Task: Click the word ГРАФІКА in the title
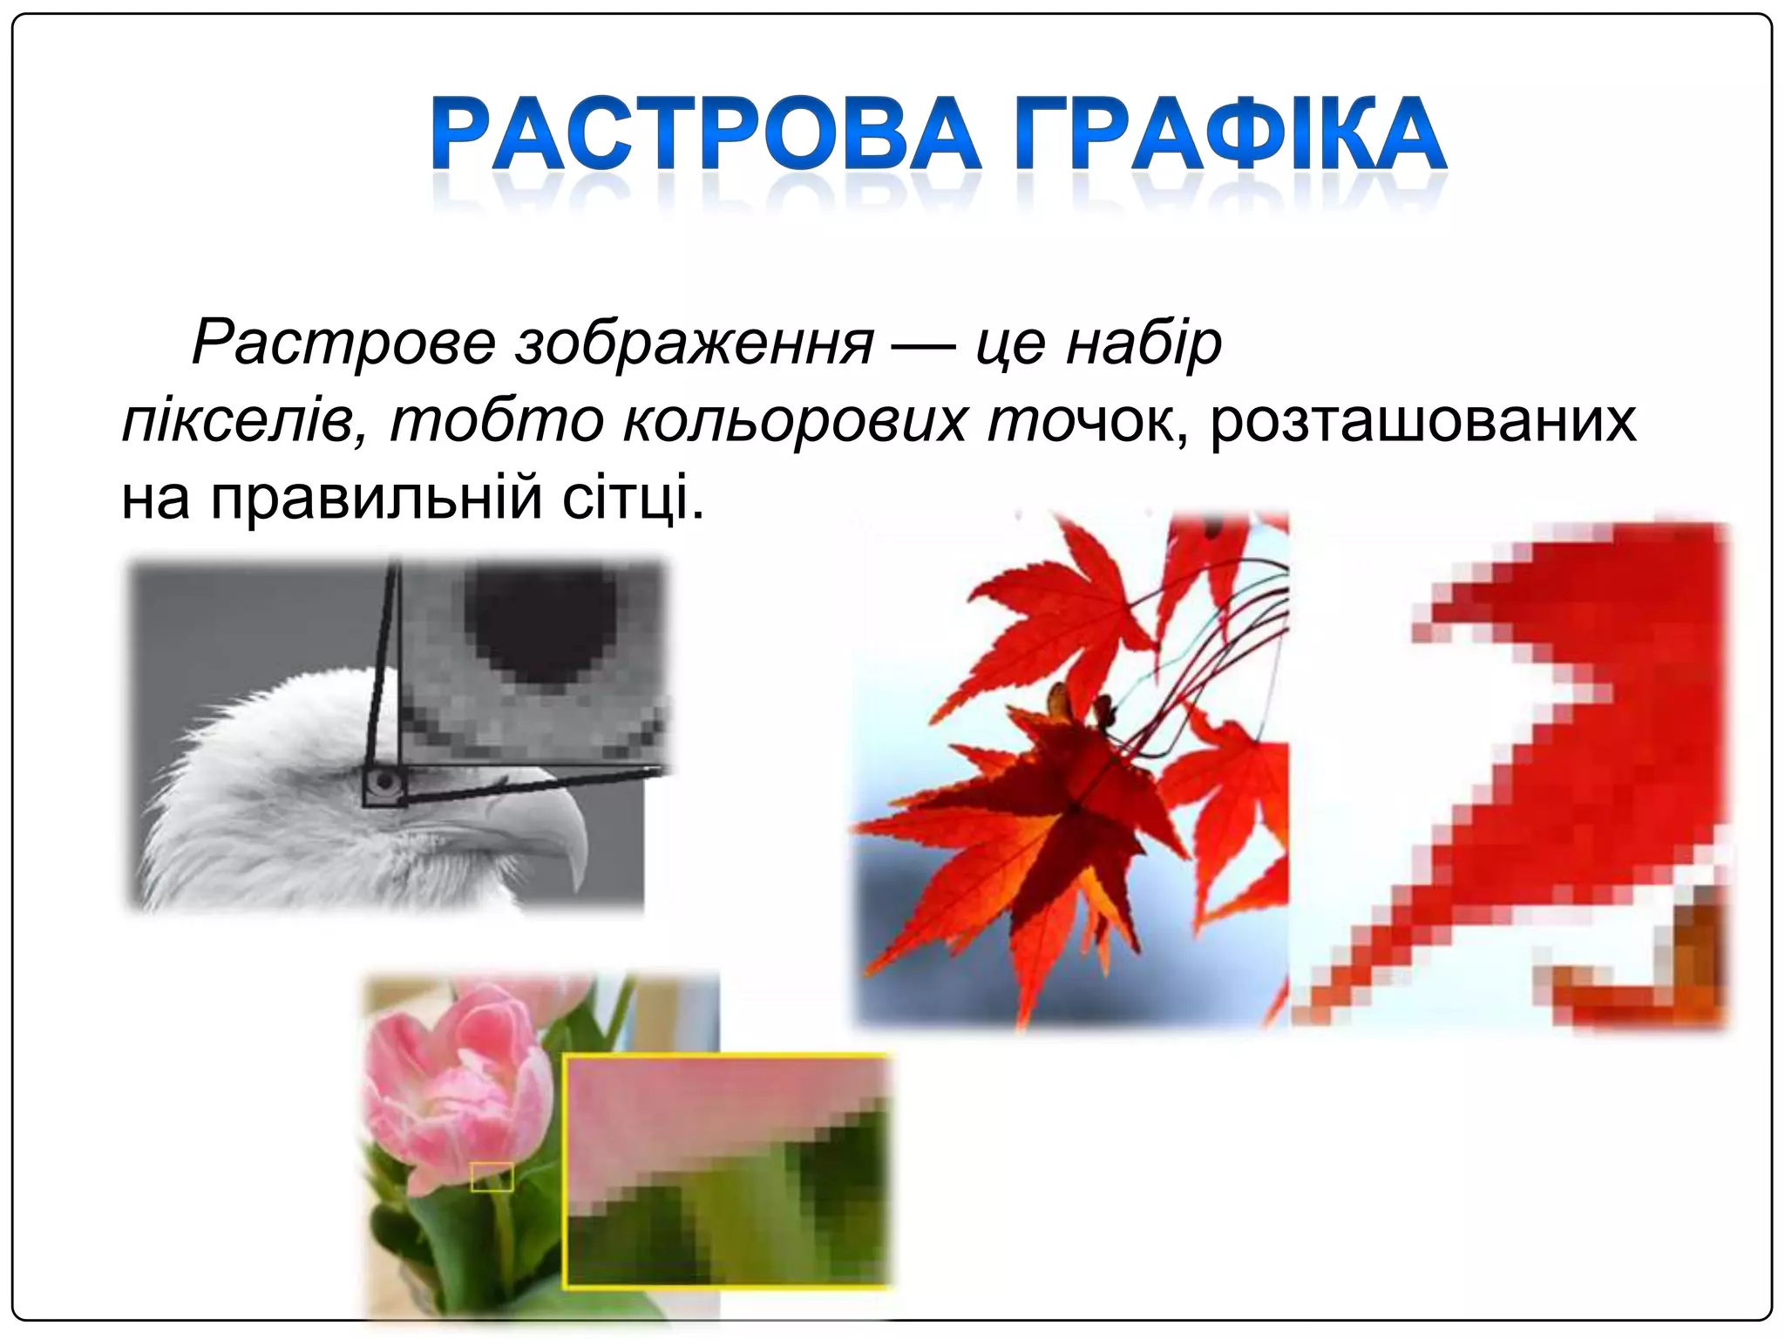(1229, 135)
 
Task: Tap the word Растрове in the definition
(343, 343)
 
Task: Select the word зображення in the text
(695, 343)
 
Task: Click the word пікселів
(235, 421)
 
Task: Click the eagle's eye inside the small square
(384, 782)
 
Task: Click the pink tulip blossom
(453, 1090)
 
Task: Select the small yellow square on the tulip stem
(492, 1177)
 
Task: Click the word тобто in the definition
(496, 421)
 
